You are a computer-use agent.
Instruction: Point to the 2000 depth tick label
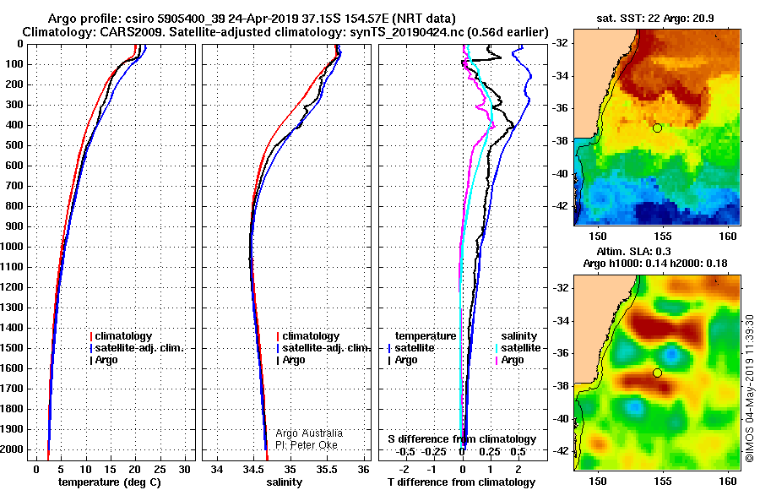(12, 449)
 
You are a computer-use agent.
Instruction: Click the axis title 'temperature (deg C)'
(110, 482)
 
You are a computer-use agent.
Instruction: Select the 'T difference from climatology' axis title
(461, 482)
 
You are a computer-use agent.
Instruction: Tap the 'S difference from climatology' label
(462, 439)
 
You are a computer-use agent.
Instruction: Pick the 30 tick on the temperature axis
(184, 470)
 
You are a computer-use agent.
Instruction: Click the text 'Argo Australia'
(309, 433)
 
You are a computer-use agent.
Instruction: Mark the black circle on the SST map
(657, 128)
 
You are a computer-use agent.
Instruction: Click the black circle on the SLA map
(657, 373)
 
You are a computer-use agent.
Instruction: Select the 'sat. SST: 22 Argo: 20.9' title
(654, 19)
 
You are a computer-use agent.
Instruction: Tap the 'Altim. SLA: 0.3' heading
(633, 251)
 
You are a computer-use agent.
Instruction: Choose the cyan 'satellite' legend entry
(520, 348)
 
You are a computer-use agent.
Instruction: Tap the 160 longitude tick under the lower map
(728, 482)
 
